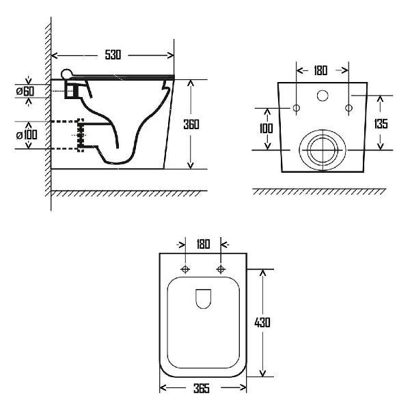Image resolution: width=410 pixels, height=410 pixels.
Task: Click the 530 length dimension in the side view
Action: (x=113, y=55)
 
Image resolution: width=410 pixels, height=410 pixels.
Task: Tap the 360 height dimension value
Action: (x=191, y=124)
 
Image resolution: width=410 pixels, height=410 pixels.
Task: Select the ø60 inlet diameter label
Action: (x=25, y=92)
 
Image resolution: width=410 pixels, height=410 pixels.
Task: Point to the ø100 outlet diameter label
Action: (x=27, y=135)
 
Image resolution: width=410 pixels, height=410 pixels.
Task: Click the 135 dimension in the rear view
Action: (x=381, y=124)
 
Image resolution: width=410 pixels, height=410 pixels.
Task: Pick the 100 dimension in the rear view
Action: (x=266, y=128)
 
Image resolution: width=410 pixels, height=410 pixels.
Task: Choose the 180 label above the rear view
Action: (x=320, y=70)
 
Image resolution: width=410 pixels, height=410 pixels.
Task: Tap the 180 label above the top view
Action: (x=203, y=244)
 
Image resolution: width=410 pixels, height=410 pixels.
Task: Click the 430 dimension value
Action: (x=262, y=323)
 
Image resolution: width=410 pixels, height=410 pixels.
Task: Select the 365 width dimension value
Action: (x=202, y=388)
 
